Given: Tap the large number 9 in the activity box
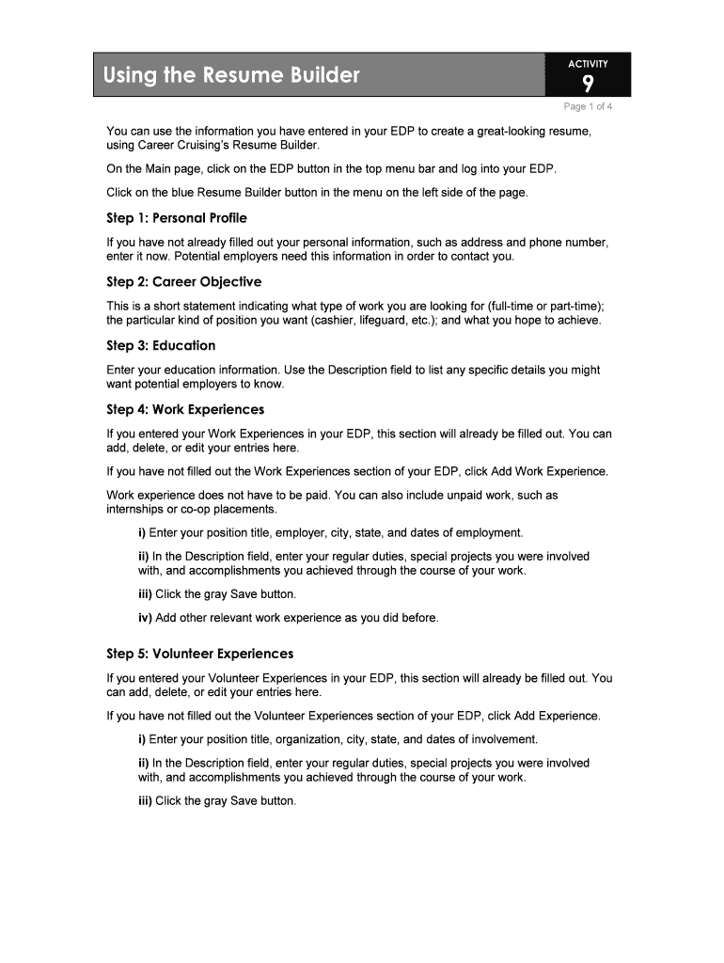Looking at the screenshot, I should click(x=588, y=85).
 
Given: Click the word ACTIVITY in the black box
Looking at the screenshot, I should click(x=588, y=64).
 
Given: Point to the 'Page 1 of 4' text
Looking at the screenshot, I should click(x=588, y=106).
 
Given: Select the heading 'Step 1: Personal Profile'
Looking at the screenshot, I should click(x=177, y=218).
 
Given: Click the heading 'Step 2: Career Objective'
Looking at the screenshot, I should click(x=184, y=282).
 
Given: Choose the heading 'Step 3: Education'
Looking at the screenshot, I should click(x=161, y=346).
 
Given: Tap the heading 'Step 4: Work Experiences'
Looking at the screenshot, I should click(x=185, y=410).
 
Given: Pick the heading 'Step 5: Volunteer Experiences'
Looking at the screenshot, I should click(x=200, y=654).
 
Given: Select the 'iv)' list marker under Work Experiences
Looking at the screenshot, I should click(x=145, y=618).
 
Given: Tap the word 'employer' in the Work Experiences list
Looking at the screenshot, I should click(x=298, y=533).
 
